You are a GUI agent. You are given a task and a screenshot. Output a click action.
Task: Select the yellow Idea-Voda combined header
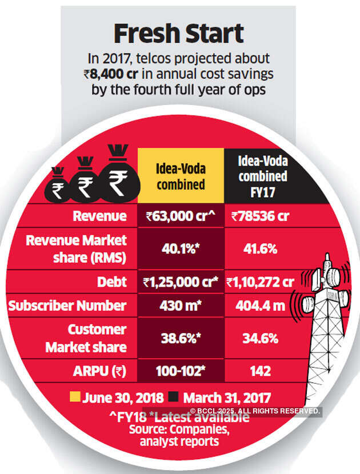(181, 176)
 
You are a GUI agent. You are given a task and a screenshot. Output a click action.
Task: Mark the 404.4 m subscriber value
(260, 306)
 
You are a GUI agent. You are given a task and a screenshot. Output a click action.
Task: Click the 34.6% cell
(261, 338)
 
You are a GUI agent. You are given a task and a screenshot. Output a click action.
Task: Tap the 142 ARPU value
(261, 371)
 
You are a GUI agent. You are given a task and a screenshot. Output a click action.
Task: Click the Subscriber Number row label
(67, 306)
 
